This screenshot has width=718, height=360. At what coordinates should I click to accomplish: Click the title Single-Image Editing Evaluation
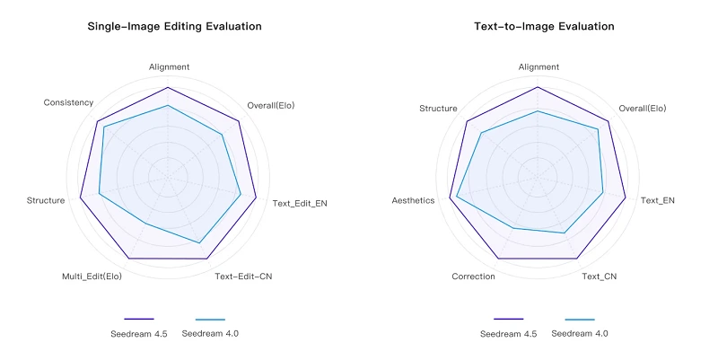tap(174, 27)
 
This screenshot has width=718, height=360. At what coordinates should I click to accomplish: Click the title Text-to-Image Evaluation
tap(544, 27)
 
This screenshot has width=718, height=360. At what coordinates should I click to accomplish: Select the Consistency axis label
tap(68, 102)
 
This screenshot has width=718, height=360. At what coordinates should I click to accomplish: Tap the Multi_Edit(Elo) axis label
tap(92, 276)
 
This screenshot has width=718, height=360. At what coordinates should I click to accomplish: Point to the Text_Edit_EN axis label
tap(300, 204)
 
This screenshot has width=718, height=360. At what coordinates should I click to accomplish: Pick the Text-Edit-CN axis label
tap(243, 276)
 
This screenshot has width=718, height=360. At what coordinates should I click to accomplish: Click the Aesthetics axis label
tap(414, 200)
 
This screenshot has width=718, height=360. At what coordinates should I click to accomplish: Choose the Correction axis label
tap(473, 277)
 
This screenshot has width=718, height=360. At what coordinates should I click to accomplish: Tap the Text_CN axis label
tap(599, 277)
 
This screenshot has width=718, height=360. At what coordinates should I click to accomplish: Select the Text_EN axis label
tap(657, 200)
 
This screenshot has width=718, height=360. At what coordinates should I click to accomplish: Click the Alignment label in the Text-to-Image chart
tap(538, 66)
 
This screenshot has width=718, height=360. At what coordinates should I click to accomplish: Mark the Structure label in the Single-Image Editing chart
tap(46, 200)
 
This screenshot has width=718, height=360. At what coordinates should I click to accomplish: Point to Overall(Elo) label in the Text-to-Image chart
tap(643, 108)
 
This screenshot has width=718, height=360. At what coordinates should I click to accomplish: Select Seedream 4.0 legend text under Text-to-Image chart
tap(580, 333)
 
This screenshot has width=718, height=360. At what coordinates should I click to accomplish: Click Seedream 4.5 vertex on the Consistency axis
tap(97, 120)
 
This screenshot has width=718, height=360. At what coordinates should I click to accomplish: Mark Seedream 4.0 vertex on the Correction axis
tap(513, 228)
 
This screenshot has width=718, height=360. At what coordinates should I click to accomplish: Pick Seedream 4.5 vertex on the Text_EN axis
tap(626, 196)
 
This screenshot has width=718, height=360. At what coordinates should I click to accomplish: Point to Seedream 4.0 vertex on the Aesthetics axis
tap(457, 197)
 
